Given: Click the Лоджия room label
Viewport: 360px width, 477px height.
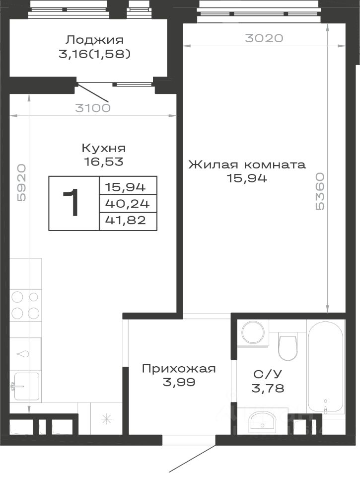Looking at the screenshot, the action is click(95, 40).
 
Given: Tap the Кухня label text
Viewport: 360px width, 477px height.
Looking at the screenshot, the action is click(104, 148).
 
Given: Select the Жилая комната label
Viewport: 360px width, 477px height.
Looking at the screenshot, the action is click(247, 165).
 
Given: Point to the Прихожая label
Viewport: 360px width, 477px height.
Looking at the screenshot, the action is click(179, 369).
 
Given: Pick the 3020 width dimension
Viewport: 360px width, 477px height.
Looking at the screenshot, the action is click(264, 38).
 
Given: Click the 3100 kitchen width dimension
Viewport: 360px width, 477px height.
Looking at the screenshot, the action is click(93, 108).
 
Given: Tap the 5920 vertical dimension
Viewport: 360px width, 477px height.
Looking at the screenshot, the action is click(21, 183).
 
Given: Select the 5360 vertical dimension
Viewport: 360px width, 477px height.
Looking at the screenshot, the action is click(320, 192).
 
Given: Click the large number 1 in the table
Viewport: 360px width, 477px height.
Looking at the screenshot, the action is click(71, 202).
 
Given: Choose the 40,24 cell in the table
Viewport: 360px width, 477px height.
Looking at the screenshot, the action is click(128, 203).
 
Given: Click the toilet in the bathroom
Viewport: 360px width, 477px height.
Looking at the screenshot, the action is click(288, 347).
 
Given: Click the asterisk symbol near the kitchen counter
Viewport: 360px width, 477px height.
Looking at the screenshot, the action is click(106, 420).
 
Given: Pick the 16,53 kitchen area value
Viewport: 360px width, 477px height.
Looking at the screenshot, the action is click(104, 161).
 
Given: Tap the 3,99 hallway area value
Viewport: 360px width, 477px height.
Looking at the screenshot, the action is click(179, 382).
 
